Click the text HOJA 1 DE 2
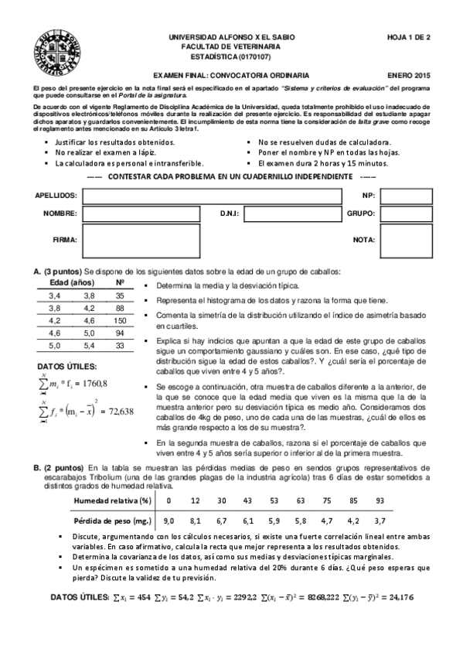coord(409,37)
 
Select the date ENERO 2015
coord(410,75)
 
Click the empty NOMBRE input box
coord(146,213)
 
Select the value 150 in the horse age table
coord(120,319)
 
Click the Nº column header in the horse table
coord(120,283)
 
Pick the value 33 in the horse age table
coord(120,345)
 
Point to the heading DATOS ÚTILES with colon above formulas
coord(67,365)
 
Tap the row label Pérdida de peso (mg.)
coord(111,521)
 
